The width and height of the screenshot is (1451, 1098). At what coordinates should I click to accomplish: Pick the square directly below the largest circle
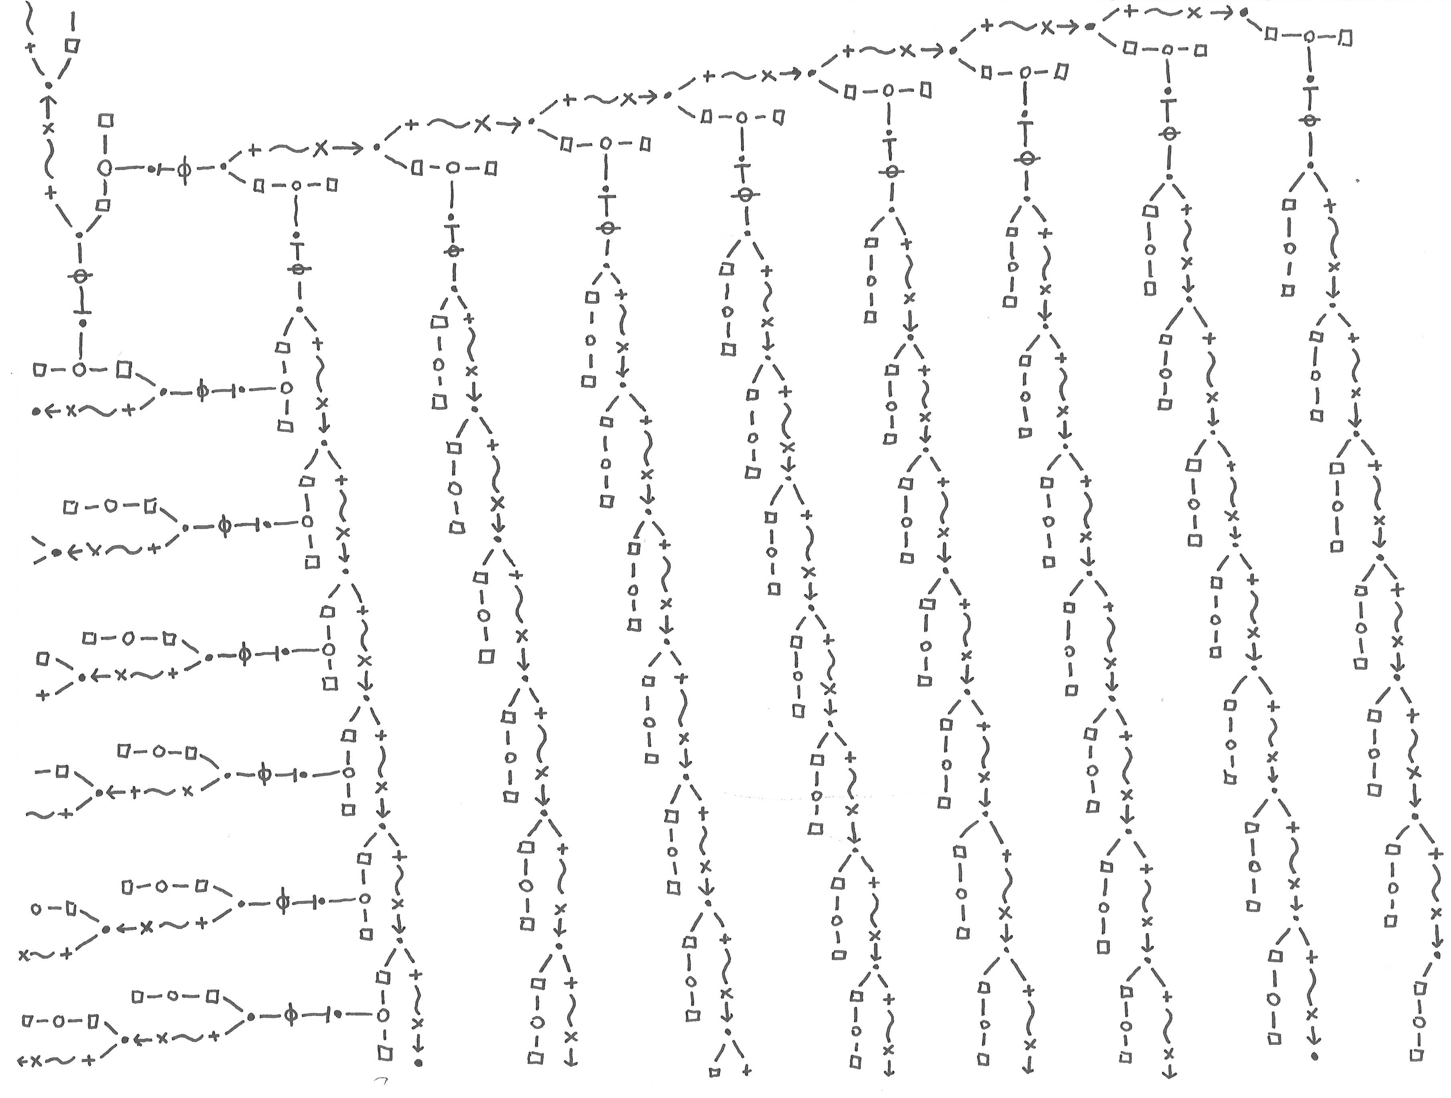tap(103, 205)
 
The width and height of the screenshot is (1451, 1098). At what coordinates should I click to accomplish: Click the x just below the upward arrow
tap(47, 129)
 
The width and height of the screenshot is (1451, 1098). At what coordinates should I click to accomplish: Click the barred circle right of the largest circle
tap(184, 169)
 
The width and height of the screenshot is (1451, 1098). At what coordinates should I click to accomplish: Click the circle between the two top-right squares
tap(1308, 37)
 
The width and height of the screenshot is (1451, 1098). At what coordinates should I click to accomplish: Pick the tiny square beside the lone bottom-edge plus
tap(715, 1073)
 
